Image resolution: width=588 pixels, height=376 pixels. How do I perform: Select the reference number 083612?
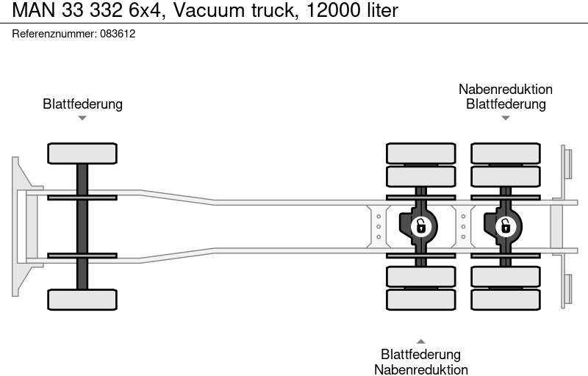117,34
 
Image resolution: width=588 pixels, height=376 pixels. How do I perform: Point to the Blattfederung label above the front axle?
82,104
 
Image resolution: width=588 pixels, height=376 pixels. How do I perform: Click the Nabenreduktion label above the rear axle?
506,89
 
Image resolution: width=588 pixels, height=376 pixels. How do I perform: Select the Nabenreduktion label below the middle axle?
420,369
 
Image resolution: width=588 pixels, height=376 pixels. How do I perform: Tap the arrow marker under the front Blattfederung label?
82,117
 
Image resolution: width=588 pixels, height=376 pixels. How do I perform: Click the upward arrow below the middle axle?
420,341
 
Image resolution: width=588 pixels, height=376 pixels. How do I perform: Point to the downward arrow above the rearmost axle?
506,117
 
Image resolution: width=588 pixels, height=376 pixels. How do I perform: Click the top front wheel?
82,153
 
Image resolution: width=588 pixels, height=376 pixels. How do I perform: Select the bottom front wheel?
82,300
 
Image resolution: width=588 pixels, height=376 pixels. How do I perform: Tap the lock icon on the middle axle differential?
420,226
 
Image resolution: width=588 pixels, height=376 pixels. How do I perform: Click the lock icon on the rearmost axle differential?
505,226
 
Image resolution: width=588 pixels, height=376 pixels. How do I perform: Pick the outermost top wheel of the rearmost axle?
506,153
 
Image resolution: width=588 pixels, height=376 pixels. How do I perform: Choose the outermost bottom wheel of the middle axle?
420,300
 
